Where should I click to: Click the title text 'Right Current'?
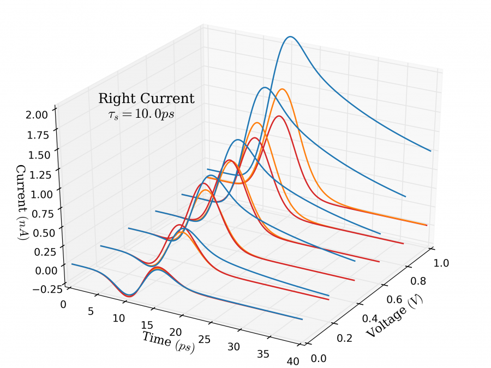pos(146,99)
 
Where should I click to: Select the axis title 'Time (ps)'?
pos(169,342)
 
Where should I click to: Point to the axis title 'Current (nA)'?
pos(22,202)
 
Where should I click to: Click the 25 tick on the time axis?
pos(205,339)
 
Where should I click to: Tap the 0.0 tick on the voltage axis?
pos(319,358)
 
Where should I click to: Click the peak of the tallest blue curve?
pos(291,37)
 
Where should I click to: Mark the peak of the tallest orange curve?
pos(282,89)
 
